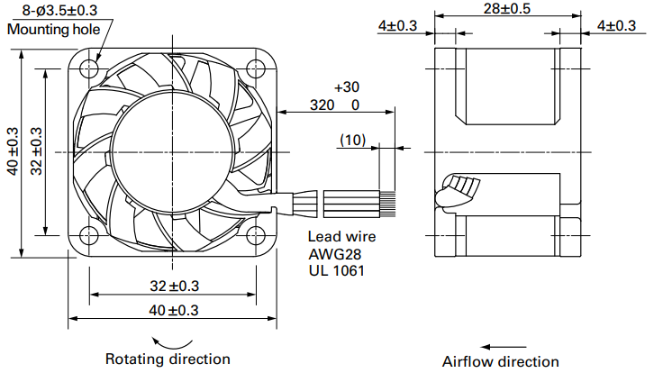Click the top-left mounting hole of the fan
89,68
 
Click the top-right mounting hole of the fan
256,68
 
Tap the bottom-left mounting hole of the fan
89,236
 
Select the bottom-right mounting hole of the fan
256,236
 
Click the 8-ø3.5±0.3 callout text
59,10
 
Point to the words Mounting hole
54,29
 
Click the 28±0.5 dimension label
507,8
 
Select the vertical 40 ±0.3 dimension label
13,151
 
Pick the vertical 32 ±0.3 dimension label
36,151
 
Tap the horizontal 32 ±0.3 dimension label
175,287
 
